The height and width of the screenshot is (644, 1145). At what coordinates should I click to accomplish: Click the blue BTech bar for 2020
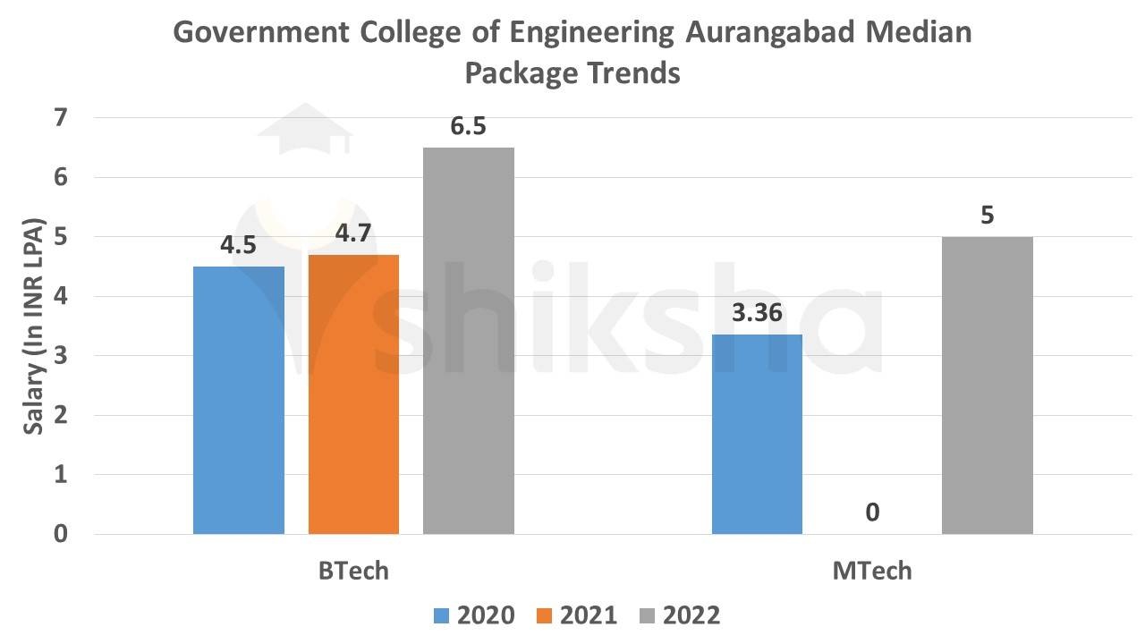click(239, 400)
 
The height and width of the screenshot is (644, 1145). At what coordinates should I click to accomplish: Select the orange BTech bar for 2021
click(353, 394)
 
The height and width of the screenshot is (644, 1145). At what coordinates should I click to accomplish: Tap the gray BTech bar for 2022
click(468, 341)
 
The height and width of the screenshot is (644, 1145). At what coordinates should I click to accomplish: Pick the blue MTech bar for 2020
click(757, 434)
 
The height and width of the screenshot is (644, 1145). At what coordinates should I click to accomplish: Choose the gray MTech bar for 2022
click(987, 386)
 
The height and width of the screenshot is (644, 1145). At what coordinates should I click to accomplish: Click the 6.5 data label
click(468, 126)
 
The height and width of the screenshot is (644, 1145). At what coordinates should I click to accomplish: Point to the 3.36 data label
click(757, 313)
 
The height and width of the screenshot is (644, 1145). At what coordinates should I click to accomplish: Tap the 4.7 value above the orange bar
click(353, 233)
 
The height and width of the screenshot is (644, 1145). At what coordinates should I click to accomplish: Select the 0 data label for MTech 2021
click(872, 513)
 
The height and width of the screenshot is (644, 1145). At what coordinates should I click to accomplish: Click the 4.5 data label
click(239, 245)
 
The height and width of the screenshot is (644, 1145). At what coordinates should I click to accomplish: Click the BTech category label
click(353, 571)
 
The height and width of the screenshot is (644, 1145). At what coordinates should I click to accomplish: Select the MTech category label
click(872, 571)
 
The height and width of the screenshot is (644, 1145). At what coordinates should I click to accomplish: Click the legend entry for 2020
click(474, 615)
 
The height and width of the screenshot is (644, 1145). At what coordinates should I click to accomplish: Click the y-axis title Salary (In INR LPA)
click(34, 326)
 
